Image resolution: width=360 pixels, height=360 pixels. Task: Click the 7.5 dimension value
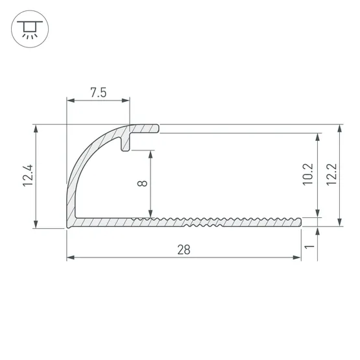pos(98,93)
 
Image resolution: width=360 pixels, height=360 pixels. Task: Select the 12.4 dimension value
pos(29,176)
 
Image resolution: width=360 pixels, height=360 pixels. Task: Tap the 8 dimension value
pos(142,183)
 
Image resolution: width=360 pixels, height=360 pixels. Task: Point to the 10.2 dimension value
pos(307,174)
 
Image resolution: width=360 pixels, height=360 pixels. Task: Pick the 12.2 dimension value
pos(331,174)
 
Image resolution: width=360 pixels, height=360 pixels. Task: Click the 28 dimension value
pos(184,250)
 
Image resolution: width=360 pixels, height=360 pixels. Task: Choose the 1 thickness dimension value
pos(309,247)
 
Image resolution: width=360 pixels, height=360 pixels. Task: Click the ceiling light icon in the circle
pos(30,29)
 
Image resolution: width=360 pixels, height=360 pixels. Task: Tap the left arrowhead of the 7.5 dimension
pos(71,101)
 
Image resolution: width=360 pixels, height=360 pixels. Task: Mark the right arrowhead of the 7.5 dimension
pos(126,101)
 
